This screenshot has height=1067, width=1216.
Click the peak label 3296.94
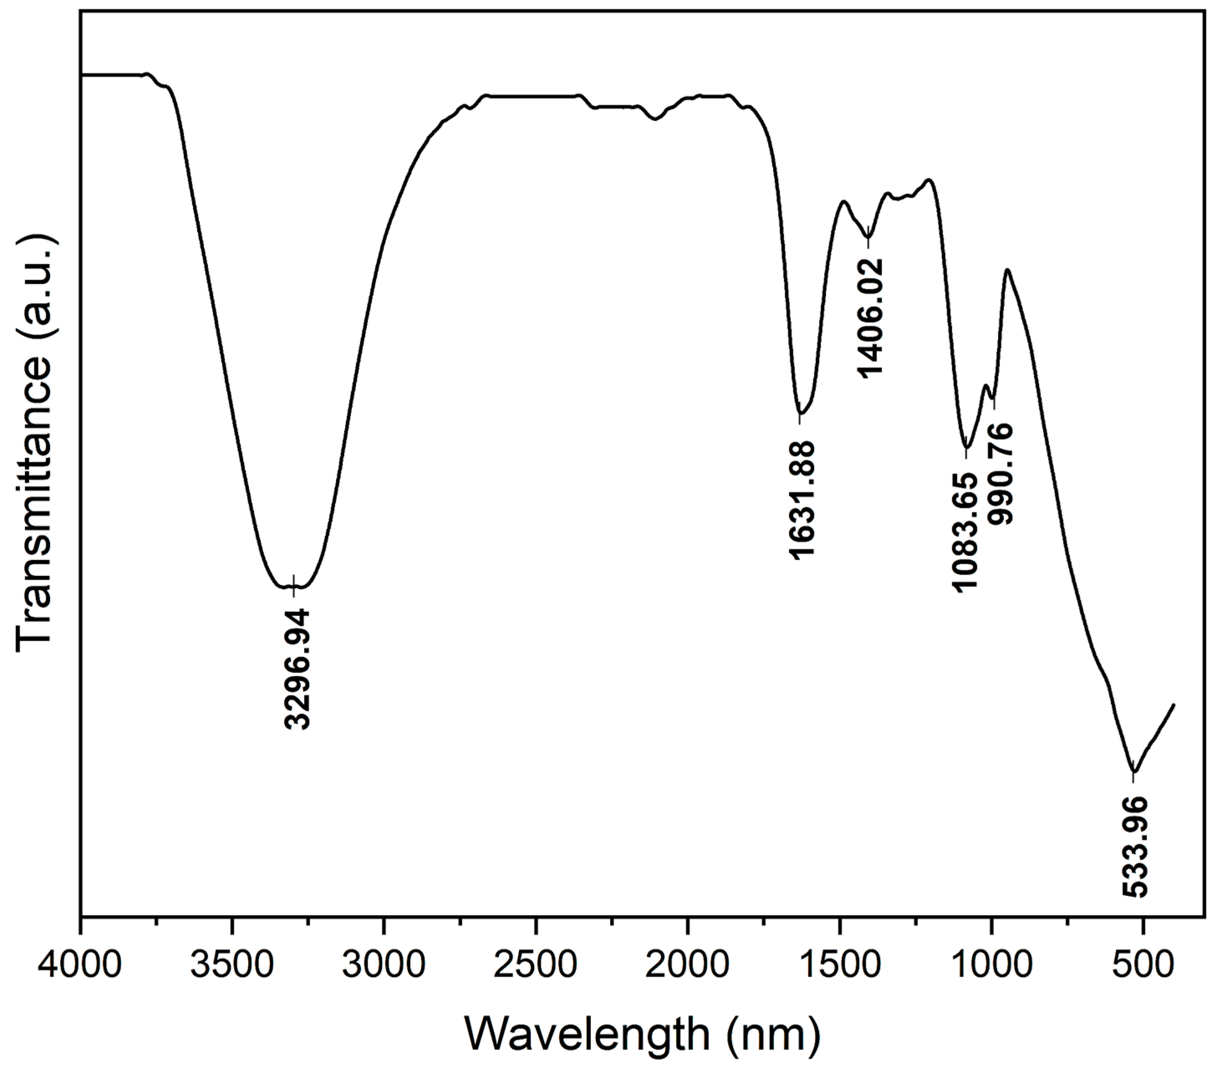(x=296, y=668)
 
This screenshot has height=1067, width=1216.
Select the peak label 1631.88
(x=801, y=499)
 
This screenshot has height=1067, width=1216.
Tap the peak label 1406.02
(x=870, y=316)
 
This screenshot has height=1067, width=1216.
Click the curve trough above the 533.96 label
(x=1134, y=772)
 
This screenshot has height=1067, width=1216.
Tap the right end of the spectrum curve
(x=1173, y=705)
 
